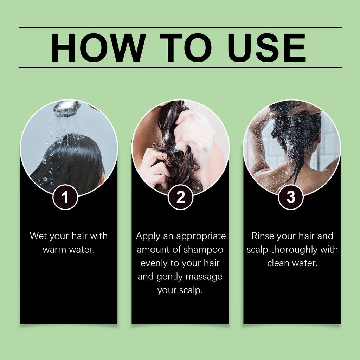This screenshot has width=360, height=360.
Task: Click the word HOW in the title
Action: click(98, 47)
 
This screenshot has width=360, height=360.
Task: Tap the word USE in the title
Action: click(267, 47)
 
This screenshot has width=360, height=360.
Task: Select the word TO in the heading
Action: click(186, 47)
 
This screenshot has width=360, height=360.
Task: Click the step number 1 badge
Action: click(65, 197)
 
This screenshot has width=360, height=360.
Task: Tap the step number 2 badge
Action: click(180, 197)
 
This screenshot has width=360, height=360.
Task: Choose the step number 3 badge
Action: click(291, 197)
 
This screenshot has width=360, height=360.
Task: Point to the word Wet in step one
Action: click(38, 236)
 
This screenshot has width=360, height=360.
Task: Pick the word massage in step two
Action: click(204, 277)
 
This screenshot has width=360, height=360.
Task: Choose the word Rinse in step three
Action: click(263, 236)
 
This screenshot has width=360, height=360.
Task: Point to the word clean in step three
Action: click(279, 263)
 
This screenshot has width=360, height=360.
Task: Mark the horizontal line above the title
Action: click(180, 27)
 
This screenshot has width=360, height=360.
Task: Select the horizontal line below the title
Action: click(180, 67)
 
